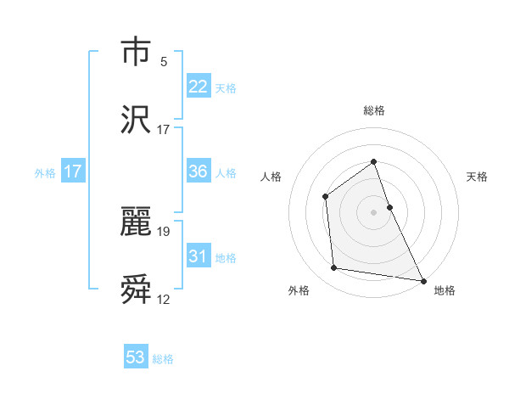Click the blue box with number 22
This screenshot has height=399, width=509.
point(199,87)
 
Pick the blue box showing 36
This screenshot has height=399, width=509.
point(199,171)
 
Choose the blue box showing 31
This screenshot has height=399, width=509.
point(199,256)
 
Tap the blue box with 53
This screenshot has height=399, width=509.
point(136,357)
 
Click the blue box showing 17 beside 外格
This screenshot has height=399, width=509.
point(73,171)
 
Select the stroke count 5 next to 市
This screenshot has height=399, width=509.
point(164,62)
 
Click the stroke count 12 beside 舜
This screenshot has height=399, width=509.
point(164,299)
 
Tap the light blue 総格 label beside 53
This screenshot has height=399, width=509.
point(163,359)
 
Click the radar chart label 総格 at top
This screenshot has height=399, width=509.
point(373,110)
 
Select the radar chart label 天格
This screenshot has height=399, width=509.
point(477,177)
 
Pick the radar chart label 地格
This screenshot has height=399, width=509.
point(445,290)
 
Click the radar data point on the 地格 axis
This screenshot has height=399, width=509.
point(422,279)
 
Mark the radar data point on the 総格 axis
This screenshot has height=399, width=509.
point(373,161)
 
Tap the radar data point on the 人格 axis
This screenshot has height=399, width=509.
point(326,197)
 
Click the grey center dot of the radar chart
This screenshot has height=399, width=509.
point(373,212)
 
